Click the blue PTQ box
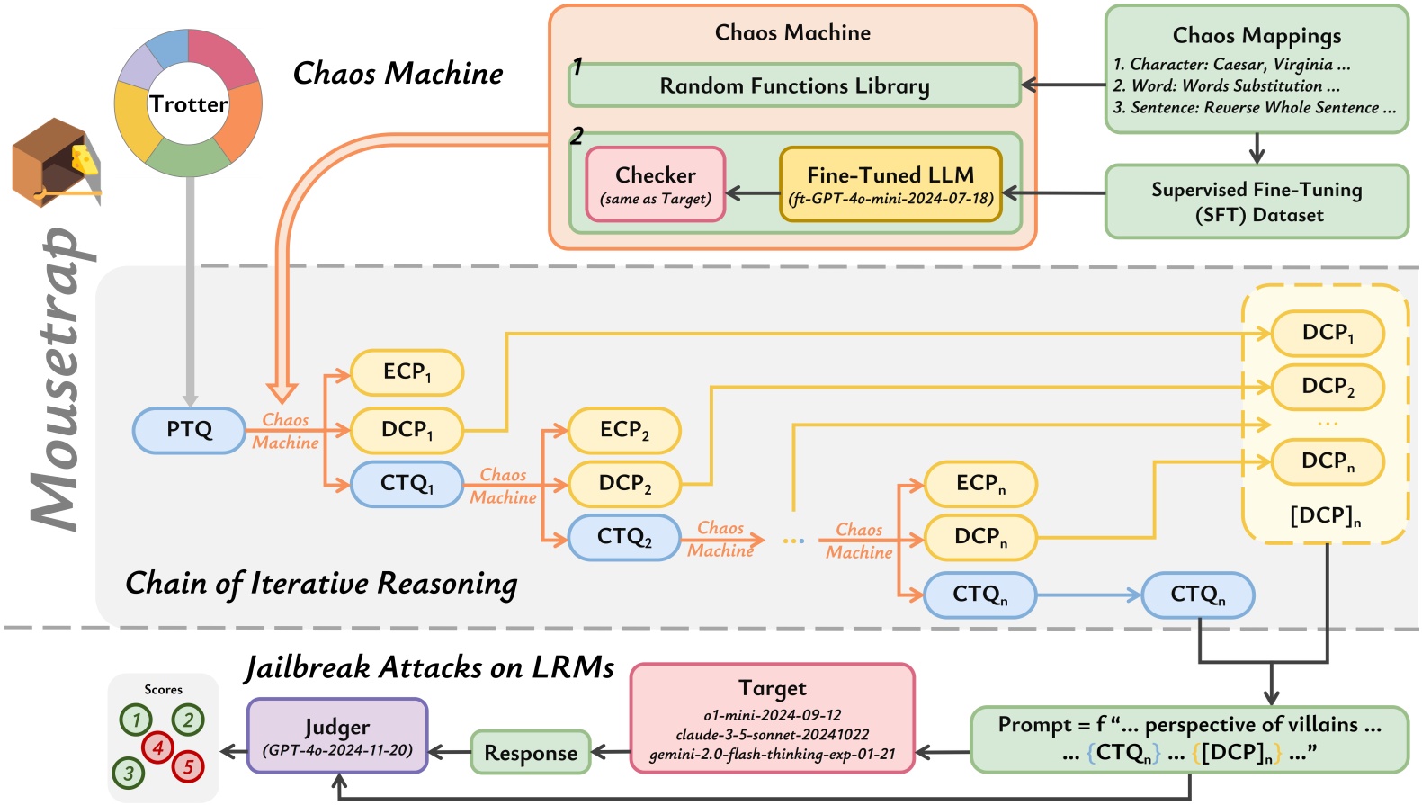coord(189,430)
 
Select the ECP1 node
coord(407,372)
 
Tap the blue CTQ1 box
coord(407,484)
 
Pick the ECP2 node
coord(624,430)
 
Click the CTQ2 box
coord(624,537)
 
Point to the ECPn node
coord(980,484)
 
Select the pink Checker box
coord(656,184)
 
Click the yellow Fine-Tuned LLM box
coord(890,184)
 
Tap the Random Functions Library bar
coord(794,85)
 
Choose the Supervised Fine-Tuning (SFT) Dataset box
coord(1257,201)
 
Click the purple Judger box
coord(337,736)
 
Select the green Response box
coord(531,753)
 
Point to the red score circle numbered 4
coord(157,747)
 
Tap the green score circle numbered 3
coord(129,773)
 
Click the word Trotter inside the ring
coord(189,104)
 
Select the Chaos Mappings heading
coord(1257,36)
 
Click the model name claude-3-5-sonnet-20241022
coord(773,735)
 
